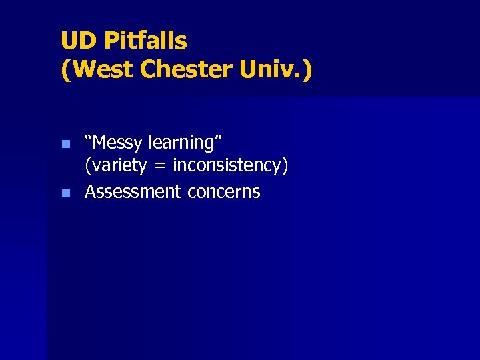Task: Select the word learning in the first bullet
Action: [x=185, y=143]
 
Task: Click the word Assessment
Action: [x=133, y=192]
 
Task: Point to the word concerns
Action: [x=224, y=192]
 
